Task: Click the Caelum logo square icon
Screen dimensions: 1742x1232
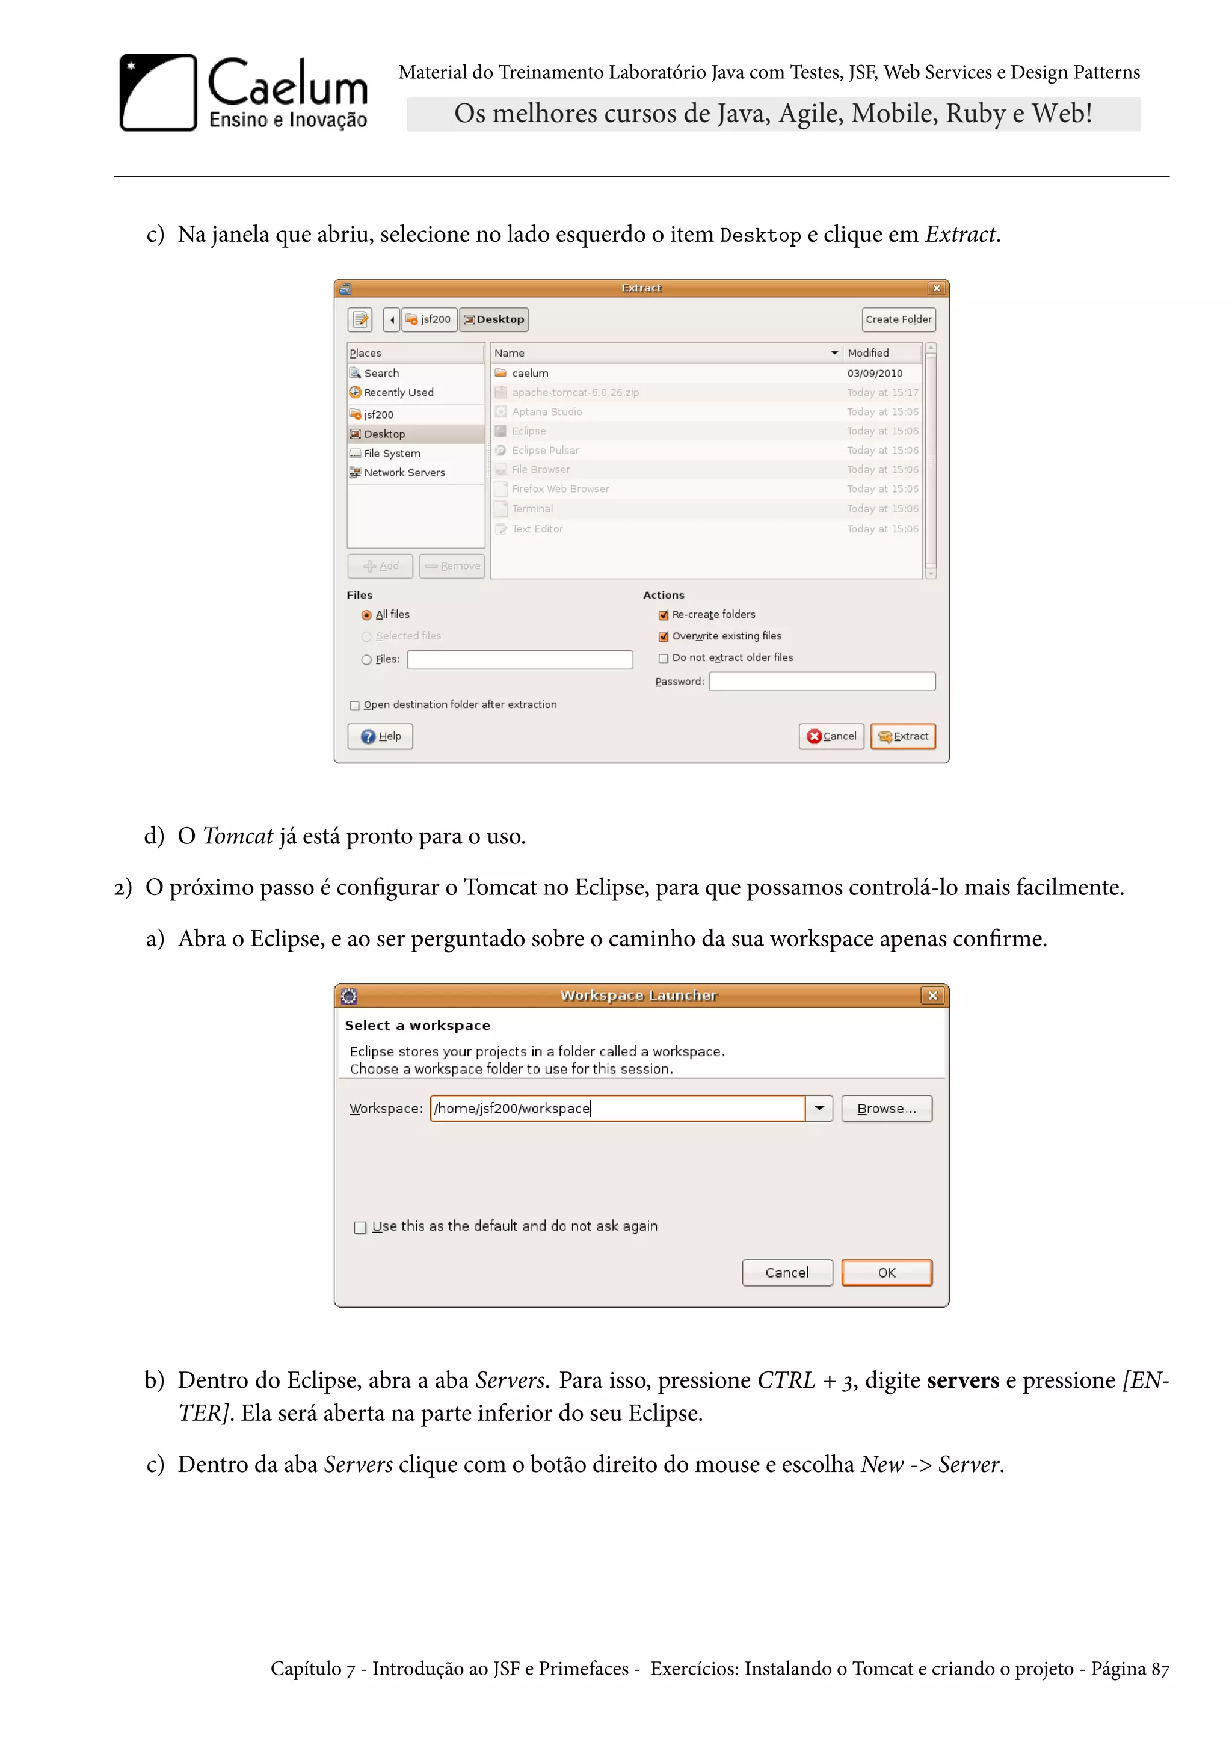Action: [x=158, y=93]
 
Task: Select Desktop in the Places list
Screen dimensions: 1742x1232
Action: [x=384, y=434]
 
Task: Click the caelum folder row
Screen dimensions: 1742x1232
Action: [x=530, y=374]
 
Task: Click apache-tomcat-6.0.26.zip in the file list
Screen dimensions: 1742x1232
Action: [x=575, y=392]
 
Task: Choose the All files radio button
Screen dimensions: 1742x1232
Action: [x=366, y=615]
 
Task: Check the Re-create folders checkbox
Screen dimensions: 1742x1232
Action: [x=664, y=615]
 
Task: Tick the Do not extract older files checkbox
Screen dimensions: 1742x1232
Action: [x=664, y=659]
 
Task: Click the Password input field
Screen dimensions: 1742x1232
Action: [x=822, y=682]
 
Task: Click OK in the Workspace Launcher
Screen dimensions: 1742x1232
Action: [x=886, y=1272]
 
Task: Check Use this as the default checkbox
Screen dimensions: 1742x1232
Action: [x=360, y=1227]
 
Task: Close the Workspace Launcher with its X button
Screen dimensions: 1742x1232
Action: [x=932, y=996]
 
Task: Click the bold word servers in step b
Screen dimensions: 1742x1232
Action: [x=962, y=1380]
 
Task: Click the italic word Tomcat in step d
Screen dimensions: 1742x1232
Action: [x=238, y=836]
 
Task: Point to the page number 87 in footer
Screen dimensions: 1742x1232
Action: [x=1160, y=1669]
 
